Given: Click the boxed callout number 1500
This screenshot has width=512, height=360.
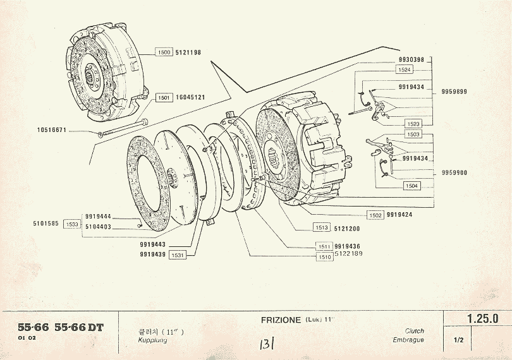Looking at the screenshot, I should [x=164, y=52].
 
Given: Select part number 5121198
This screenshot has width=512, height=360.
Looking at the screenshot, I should [x=188, y=52].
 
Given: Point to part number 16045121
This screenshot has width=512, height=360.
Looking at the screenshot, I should [x=190, y=97].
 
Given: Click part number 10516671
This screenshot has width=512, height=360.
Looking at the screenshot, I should [x=52, y=131].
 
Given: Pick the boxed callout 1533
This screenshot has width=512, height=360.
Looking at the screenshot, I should [x=71, y=224].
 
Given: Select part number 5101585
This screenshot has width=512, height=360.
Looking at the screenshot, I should [x=46, y=223].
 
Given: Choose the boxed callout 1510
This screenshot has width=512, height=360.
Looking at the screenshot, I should [x=324, y=257].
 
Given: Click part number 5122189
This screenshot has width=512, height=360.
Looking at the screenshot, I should [x=349, y=254].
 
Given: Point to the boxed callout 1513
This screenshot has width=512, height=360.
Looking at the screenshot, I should [x=321, y=227].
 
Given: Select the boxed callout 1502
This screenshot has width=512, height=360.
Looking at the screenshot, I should [x=375, y=215].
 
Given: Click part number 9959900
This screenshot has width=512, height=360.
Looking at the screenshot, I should [x=454, y=172].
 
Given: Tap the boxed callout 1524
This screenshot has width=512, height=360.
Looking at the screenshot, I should [x=404, y=69].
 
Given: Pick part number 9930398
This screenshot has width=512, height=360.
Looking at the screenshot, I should [x=411, y=59].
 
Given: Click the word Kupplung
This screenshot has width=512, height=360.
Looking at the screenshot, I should [x=151, y=340].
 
